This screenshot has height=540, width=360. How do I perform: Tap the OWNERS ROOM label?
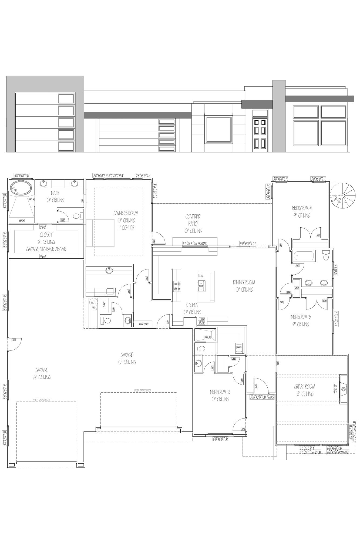126,213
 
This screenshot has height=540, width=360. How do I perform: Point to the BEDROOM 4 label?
302,208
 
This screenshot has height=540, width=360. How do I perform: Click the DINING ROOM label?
244,282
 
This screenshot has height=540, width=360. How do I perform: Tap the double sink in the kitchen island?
201,286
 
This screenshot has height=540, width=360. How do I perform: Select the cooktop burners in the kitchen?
177,286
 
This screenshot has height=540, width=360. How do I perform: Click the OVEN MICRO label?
202,320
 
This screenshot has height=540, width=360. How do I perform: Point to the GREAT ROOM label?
304,387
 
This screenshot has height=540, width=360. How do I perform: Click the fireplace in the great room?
343,389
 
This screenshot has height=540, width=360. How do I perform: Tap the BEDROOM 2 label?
220,392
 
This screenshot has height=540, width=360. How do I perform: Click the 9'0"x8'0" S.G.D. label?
248,244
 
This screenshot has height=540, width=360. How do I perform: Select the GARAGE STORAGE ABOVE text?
46,249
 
